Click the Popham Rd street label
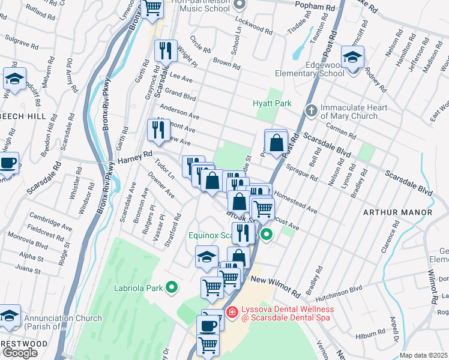pos(315,5)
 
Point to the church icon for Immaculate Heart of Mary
pos(311,110)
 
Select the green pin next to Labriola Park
pos(172,288)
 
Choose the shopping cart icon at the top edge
pos(152,8)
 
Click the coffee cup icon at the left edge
pos(8,163)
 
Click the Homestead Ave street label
pos(296,204)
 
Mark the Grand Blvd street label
pos(181,95)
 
